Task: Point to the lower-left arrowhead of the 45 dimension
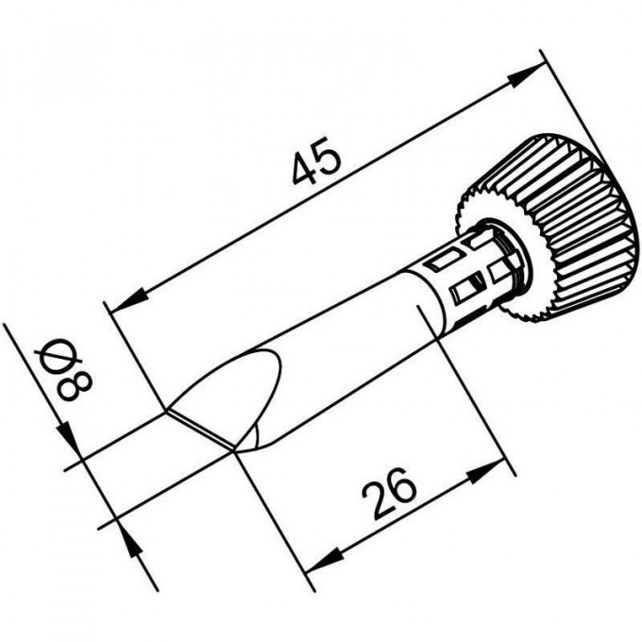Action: coord(130,299)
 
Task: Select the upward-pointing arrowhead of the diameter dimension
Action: coord(131,539)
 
